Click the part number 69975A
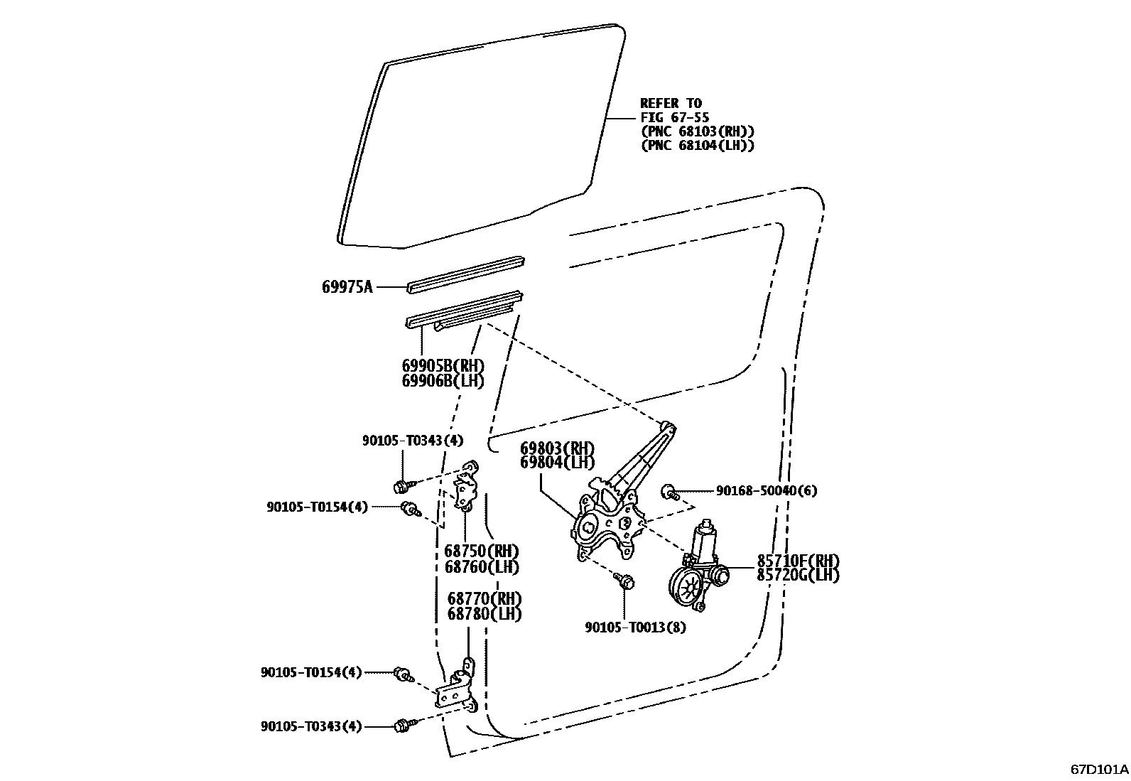point(347,287)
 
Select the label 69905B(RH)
point(443,365)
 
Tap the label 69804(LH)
point(557,463)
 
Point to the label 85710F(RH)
point(797,559)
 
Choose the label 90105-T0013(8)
point(635,628)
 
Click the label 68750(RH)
point(481,551)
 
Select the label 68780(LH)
point(484,614)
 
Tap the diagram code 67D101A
point(1100,769)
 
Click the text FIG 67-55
point(674,117)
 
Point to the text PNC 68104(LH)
point(697,145)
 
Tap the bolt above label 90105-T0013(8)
point(625,581)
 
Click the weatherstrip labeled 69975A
point(465,273)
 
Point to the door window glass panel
point(483,135)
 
